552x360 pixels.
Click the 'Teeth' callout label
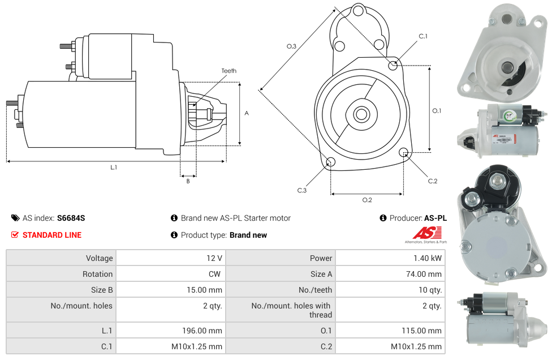228,71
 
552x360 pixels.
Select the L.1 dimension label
114,168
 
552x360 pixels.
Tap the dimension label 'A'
246,113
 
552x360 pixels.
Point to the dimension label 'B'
188,181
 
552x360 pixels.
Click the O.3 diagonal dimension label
291,46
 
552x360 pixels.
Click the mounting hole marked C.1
393,65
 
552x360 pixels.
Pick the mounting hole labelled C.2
404,152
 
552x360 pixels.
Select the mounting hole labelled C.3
331,163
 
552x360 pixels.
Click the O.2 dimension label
366,200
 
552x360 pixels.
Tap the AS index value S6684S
71,218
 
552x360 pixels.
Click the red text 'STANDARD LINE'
52,235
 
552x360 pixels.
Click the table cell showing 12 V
214,258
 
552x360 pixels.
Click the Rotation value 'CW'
217,274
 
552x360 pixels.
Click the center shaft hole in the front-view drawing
361,114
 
